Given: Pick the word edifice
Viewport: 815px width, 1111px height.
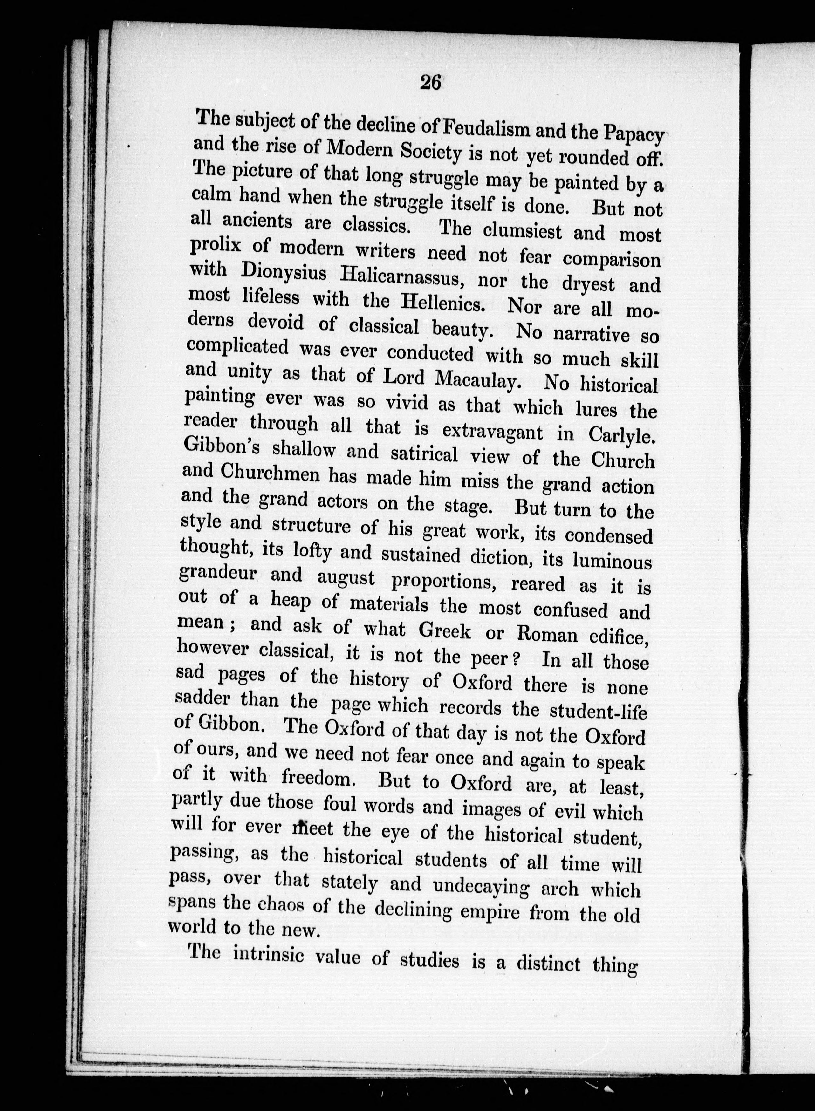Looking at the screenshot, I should (619, 637).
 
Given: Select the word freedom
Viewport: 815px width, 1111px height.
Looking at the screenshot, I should (323, 778).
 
